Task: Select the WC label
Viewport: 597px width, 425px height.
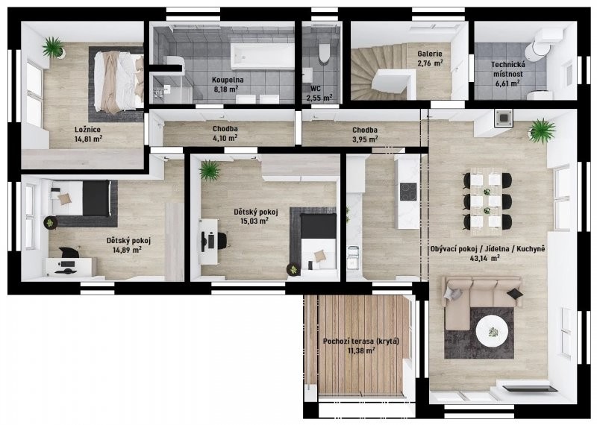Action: pyautogui.click(x=315, y=89)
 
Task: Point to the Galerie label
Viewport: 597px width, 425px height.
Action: pyautogui.click(x=430, y=54)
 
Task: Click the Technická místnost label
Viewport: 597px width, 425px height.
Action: pyautogui.click(x=509, y=69)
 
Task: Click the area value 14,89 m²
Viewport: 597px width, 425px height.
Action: pyautogui.click(x=128, y=250)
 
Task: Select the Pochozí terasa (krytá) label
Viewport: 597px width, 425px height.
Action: pyautogui.click(x=361, y=341)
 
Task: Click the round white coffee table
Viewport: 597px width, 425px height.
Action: pyautogui.click(x=492, y=331)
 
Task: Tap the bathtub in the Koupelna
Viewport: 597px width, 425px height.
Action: pyautogui.click(x=262, y=57)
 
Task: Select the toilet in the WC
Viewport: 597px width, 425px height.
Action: pyautogui.click(x=324, y=53)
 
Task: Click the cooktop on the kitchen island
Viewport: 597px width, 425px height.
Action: pyautogui.click(x=407, y=192)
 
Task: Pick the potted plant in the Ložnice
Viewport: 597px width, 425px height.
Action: pyautogui.click(x=54, y=48)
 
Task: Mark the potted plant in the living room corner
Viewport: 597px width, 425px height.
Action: pyautogui.click(x=541, y=131)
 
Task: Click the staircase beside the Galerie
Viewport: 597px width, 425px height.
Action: pyautogui.click(x=378, y=72)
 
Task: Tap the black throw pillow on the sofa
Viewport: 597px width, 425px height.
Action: pyautogui.click(x=514, y=293)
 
